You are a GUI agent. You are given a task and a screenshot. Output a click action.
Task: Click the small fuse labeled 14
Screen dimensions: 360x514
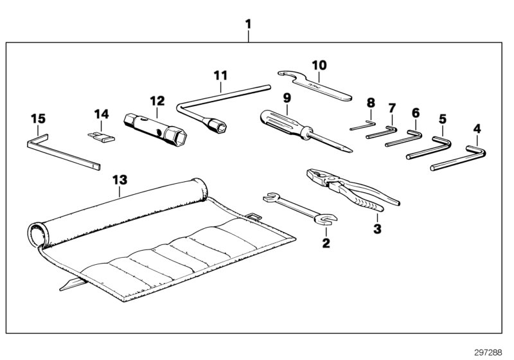pyautogui.click(x=100, y=137)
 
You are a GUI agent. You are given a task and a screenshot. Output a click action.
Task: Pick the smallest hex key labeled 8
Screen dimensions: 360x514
pyautogui.click(x=363, y=126)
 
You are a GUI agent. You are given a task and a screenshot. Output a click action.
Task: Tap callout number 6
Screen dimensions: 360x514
pyautogui.click(x=415, y=113)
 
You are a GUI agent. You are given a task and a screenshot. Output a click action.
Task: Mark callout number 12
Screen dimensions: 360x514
pyautogui.click(x=157, y=101)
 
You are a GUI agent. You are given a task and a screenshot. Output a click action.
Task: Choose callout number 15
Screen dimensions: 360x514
pyautogui.click(x=38, y=118)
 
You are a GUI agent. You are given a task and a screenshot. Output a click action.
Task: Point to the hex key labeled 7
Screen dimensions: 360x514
pyautogui.click(x=382, y=134)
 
